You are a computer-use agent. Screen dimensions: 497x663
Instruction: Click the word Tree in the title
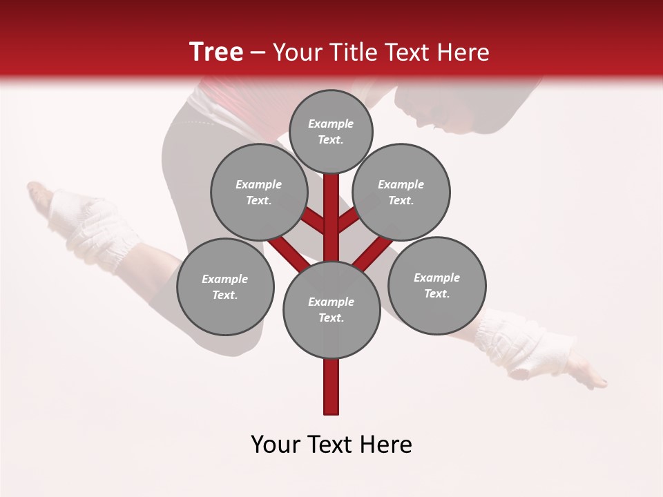(x=216, y=52)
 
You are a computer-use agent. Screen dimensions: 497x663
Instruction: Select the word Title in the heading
(x=354, y=52)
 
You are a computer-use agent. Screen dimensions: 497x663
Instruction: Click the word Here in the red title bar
(x=463, y=52)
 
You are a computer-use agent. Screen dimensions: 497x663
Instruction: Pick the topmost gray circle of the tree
(x=331, y=131)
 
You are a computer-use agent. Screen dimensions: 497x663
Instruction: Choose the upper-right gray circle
(x=401, y=192)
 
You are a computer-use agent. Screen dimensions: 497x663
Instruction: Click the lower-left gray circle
(x=225, y=286)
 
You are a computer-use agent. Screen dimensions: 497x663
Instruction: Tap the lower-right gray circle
(x=437, y=285)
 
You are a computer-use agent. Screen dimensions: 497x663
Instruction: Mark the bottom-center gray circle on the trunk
(x=331, y=309)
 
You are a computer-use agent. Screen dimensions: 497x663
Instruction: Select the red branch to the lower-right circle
(x=373, y=251)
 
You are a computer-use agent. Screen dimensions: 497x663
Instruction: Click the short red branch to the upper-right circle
(x=347, y=221)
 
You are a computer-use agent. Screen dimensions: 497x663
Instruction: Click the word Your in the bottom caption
(x=276, y=445)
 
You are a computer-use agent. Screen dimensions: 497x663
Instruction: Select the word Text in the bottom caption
(x=331, y=445)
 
